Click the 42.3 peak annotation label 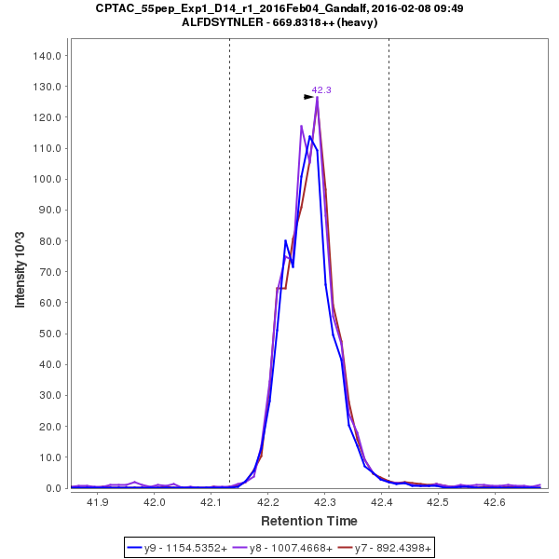[321, 89]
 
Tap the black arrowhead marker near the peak [308, 96]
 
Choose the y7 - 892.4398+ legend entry [380, 548]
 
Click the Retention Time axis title [308, 521]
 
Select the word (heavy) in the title [359, 22]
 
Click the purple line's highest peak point [317, 98]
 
